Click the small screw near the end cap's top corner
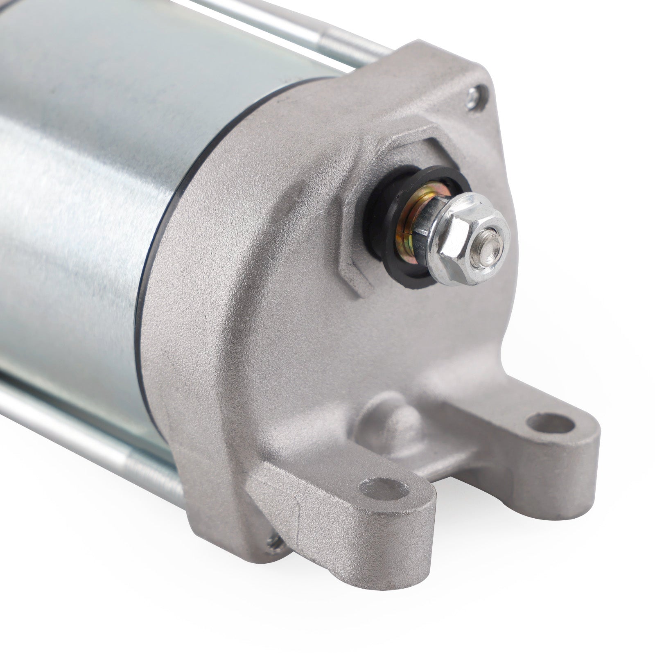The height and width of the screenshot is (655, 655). point(474,97)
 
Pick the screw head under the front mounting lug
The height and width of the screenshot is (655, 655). point(273,543)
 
